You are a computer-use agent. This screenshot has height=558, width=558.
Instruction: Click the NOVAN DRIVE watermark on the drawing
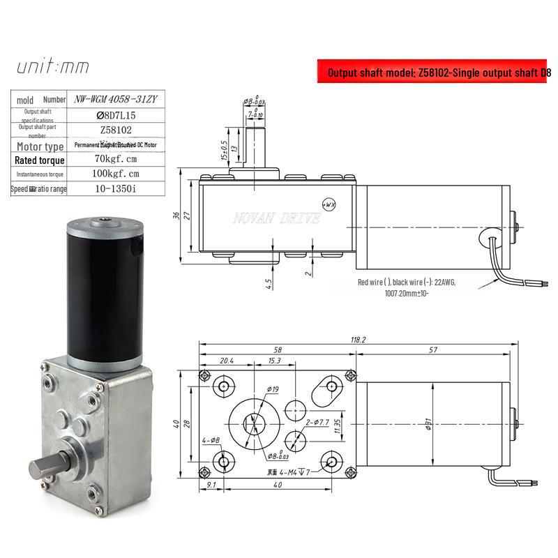276,219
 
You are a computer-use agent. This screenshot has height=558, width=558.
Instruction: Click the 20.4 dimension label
226,361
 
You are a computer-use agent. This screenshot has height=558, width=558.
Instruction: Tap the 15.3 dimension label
273,361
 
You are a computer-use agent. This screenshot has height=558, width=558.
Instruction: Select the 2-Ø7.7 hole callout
317,422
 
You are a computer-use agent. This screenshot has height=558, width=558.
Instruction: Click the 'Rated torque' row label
40,160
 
